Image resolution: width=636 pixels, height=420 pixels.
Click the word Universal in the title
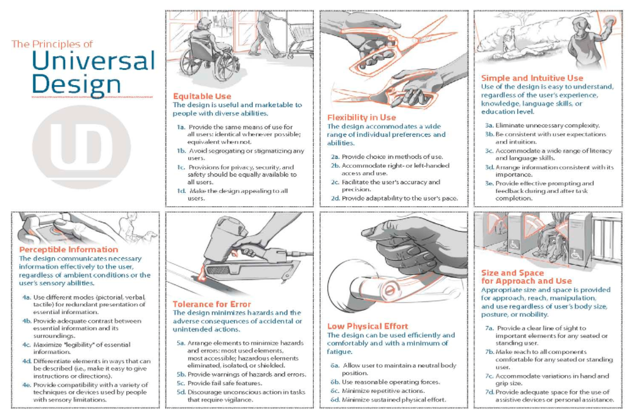coord(93,61)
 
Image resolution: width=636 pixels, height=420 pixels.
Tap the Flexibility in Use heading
coord(361,117)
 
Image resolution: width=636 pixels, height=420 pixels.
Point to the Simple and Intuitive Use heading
coord(532,78)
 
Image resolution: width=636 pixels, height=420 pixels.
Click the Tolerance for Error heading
coord(212,304)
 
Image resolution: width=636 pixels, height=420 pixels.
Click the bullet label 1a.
coord(181,127)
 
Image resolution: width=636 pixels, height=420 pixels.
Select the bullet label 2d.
coord(335,198)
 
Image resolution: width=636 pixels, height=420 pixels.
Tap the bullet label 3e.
coord(489,184)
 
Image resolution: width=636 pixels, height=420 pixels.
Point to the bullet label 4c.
coord(27,345)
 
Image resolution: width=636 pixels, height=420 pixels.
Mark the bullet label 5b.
coord(181,374)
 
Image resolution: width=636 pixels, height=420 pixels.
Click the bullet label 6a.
coord(335,366)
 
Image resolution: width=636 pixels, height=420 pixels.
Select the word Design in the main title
coord(76,85)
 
